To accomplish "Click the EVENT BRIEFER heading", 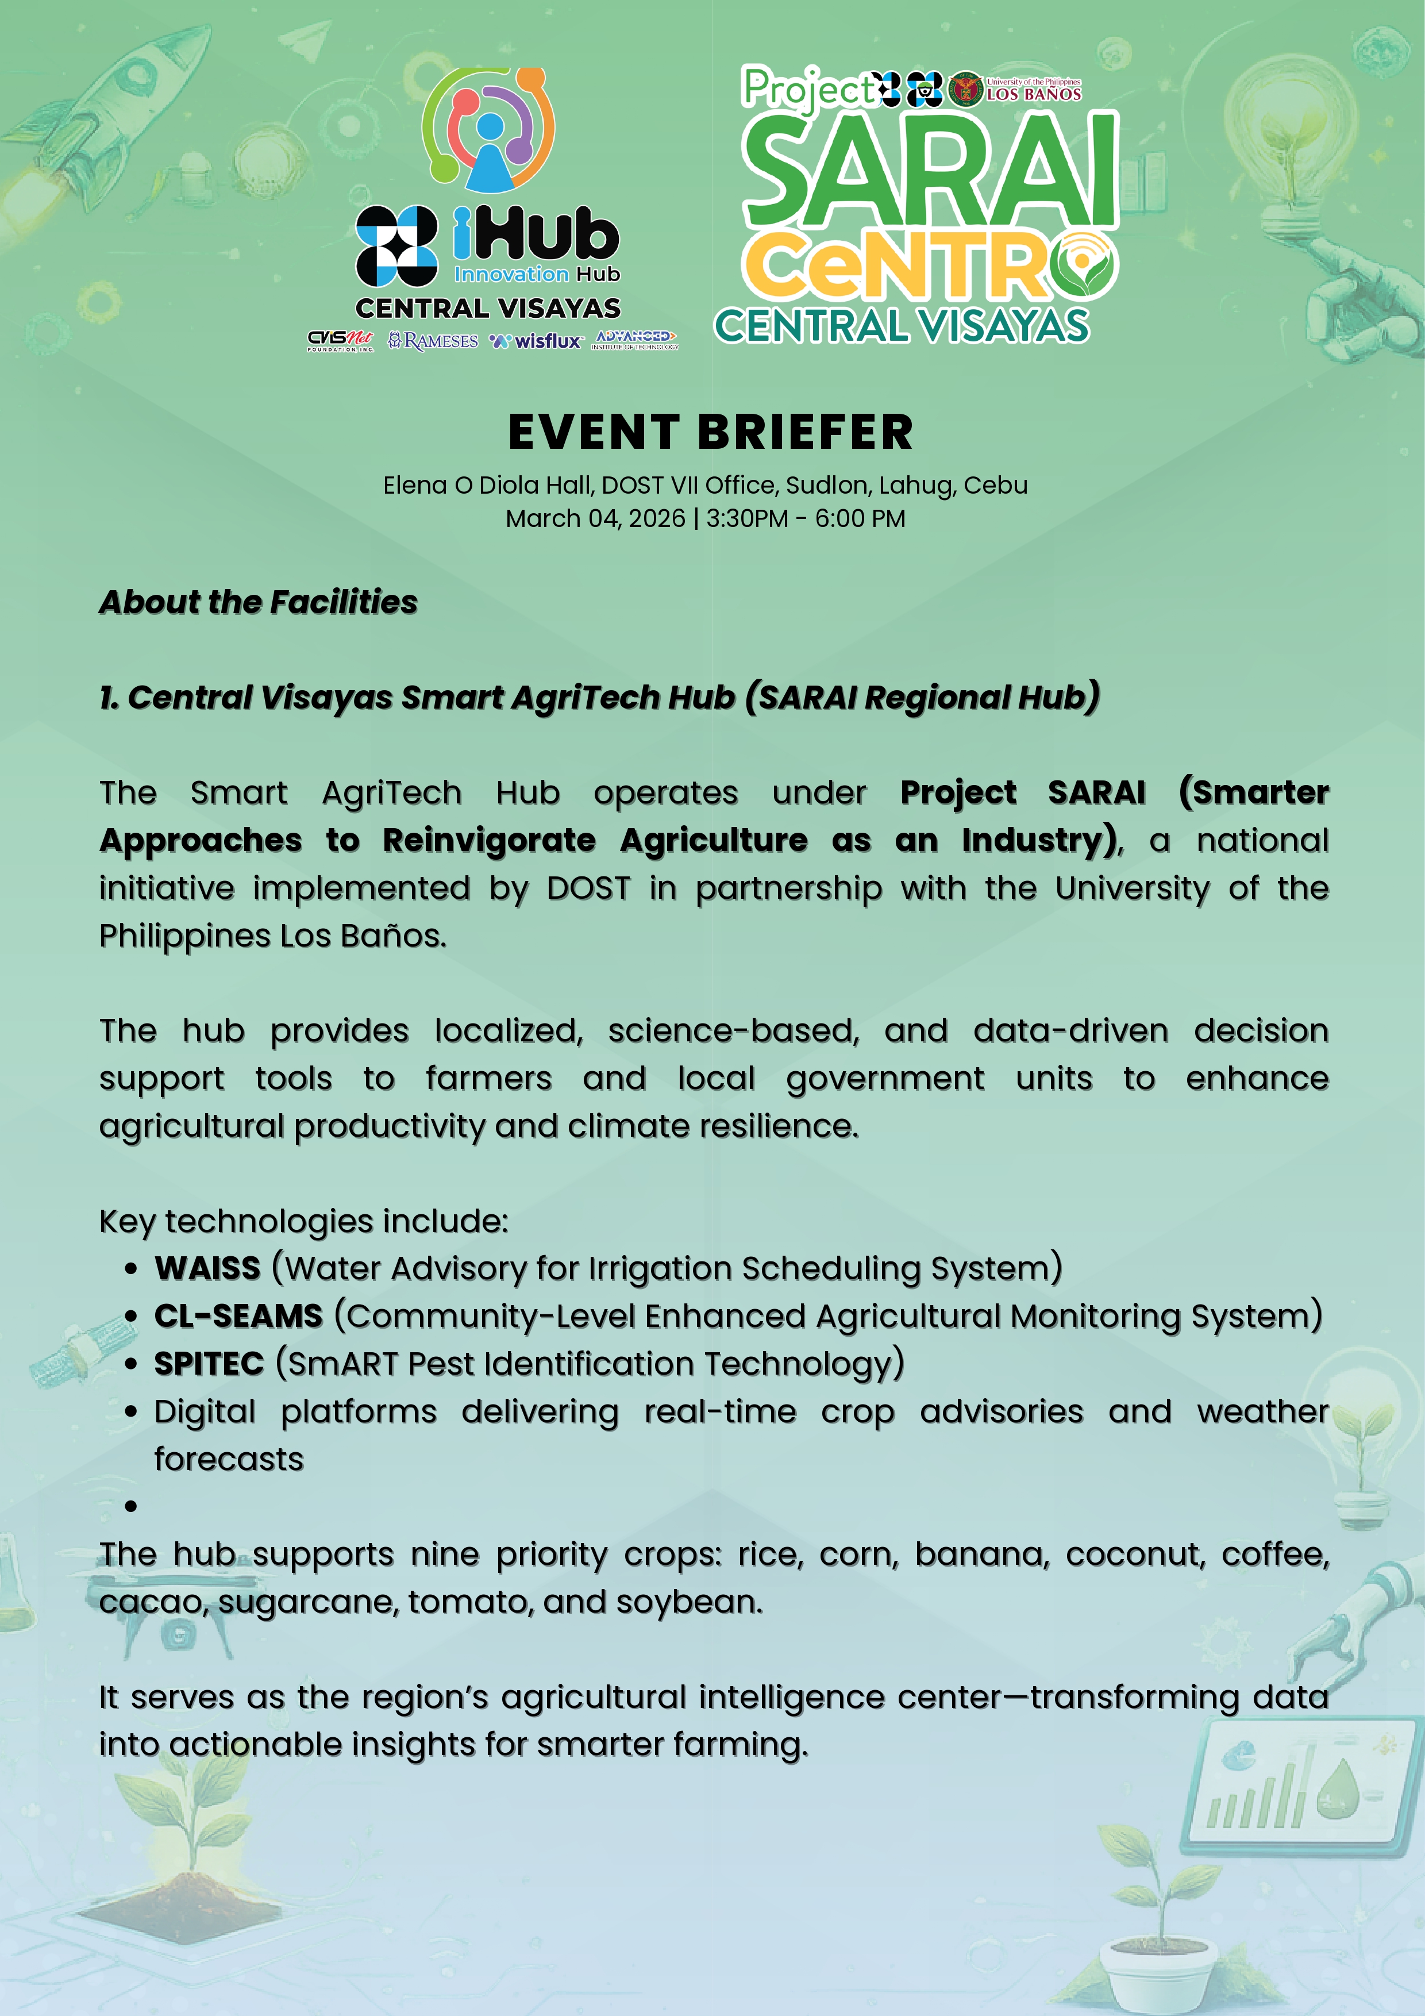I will [x=711, y=432].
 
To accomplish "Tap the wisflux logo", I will [x=537, y=341].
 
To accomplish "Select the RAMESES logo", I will [x=434, y=341].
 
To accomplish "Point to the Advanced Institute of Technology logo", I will [x=636, y=340].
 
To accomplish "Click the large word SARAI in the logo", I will [x=930, y=171].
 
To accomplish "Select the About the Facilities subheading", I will [x=258, y=602].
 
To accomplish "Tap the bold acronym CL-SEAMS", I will [x=239, y=1316].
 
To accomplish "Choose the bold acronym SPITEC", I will [x=209, y=1364].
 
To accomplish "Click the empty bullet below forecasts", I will [x=131, y=1507].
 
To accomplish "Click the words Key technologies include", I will [x=303, y=1221].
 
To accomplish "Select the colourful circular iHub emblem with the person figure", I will [x=488, y=129].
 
